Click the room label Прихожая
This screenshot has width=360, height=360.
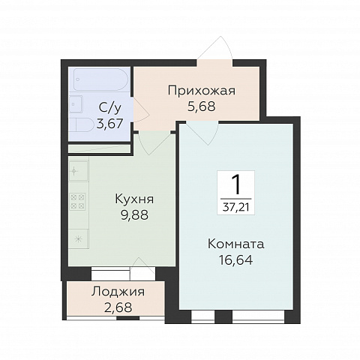[202, 91]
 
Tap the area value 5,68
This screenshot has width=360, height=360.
[201, 106]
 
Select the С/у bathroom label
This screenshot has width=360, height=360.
[110, 108]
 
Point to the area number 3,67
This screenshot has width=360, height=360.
[110, 124]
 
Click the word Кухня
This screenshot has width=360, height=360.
[134, 199]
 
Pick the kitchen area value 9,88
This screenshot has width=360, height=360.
[134, 215]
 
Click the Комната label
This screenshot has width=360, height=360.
[236, 244]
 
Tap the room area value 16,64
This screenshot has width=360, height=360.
[236, 259]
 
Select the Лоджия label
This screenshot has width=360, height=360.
[118, 292]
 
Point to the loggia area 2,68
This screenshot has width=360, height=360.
[118, 307]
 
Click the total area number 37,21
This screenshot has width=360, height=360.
[236, 207]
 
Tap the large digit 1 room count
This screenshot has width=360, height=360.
[236, 184]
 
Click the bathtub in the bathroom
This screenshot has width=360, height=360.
[100, 79]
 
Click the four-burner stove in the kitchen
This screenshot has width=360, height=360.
[77, 201]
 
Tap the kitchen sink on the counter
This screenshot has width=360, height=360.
[78, 171]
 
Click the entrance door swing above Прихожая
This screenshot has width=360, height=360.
[215, 48]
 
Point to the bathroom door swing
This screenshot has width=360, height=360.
[141, 109]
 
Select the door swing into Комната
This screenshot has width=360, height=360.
[202, 133]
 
